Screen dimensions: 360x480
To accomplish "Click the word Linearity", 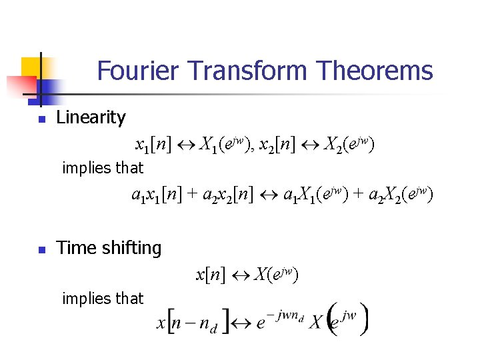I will coord(91,118).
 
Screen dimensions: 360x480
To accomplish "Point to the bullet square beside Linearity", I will coord(41,120).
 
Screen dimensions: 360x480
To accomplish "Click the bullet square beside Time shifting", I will coord(41,251).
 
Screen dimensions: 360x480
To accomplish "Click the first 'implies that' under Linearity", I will coord(102,168).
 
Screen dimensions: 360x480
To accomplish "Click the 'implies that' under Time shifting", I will coord(102,299).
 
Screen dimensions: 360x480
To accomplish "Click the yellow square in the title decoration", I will coord(31,67).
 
